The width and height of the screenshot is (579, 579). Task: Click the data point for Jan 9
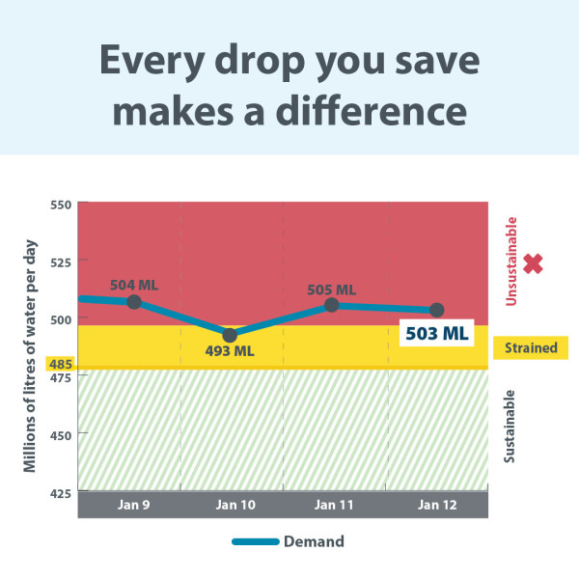point(134,302)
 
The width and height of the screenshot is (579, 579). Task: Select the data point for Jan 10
point(230,335)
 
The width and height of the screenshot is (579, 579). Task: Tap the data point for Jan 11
point(331,305)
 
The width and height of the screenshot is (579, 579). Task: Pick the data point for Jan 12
point(436,310)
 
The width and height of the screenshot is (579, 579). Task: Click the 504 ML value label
point(134,285)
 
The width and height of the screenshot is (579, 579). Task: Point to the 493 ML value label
point(230,351)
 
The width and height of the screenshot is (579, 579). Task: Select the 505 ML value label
point(331,289)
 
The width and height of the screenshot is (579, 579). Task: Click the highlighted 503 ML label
point(435,334)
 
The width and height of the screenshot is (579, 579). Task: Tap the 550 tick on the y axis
point(62,205)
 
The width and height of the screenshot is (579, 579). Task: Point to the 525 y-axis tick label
point(62,262)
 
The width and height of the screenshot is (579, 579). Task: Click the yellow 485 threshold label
point(60,365)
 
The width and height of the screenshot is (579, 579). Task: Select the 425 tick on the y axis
point(62,492)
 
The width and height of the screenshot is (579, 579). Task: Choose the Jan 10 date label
point(230,505)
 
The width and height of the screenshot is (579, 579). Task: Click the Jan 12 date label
point(436,505)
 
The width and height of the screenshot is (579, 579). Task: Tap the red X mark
point(533,263)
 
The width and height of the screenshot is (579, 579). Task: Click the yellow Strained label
point(531,347)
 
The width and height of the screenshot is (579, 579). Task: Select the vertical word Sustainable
point(510,426)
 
